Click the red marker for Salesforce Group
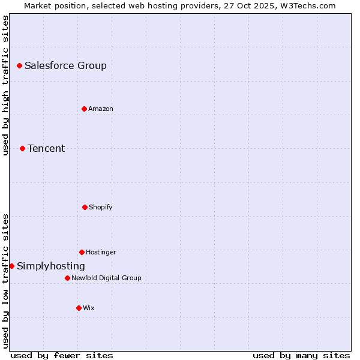pos(19,65)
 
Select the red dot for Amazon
pos(85,109)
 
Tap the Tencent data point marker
pos(22,148)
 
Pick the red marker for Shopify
pos(85,207)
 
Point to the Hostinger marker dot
pos(82,252)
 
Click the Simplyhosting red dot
pos(11,266)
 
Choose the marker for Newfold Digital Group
pos(67,278)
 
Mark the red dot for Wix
pos(79,308)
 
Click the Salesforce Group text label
pos(65,65)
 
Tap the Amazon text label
pos(101,109)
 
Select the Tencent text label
pos(46,148)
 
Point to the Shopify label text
pos(101,207)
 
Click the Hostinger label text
pos(101,252)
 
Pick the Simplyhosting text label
pos(51,266)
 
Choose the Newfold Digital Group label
pos(106,278)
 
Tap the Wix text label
pos(89,308)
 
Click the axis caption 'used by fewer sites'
pos(62,355)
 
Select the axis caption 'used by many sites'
pos(301,355)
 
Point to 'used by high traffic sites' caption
pos(5,85)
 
